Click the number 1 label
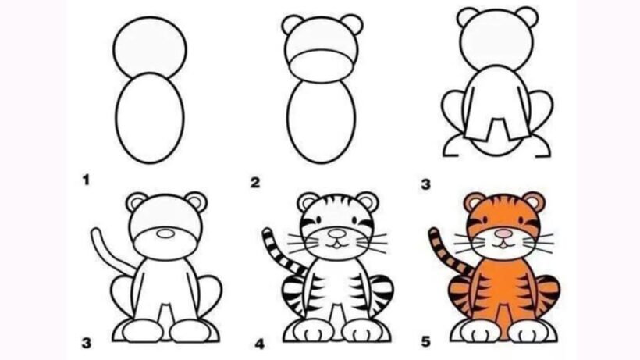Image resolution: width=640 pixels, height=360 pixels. tap(86, 180)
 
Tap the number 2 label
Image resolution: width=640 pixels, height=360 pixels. tap(255, 183)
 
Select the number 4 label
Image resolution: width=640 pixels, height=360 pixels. tap(260, 344)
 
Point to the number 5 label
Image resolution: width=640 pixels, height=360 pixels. tap(425, 341)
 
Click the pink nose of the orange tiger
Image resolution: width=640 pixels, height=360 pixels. tap(503, 233)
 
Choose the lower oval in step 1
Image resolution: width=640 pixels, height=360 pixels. tap(150, 118)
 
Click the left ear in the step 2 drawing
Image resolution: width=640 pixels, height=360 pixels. tap(293, 24)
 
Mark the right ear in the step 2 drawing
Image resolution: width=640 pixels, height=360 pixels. tap(351, 24)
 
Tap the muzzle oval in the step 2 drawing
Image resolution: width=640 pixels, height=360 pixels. tap(321, 66)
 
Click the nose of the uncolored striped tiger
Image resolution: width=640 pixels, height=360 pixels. tap(336, 233)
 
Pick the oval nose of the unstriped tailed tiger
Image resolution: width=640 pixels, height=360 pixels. tap(165, 233)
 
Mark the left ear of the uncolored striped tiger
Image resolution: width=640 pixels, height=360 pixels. tap(308, 202)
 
